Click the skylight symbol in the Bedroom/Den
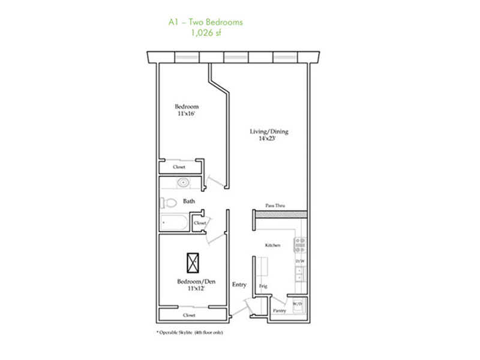click(x=193, y=263)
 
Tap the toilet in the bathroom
click(x=169, y=202)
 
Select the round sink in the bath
click(x=184, y=183)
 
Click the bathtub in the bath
click(x=174, y=222)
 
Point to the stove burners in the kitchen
click(x=299, y=245)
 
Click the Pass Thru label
click(x=275, y=205)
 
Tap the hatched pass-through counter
click(x=281, y=214)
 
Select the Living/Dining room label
click(x=269, y=131)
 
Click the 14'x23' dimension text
click(x=267, y=139)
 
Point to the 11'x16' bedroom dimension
click(x=187, y=113)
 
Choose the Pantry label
click(x=279, y=310)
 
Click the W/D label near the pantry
click(x=298, y=304)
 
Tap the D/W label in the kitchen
click(x=300, y=261)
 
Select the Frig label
click(x=263, y=286)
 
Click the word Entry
click(x=239, y=284)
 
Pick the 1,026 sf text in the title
click(x=206, y=32)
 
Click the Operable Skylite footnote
click(x=190, y=332)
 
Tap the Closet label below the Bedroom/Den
click(x=189, y=315)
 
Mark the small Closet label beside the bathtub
click(x=200, y=223)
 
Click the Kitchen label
click(x=272, y=245)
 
